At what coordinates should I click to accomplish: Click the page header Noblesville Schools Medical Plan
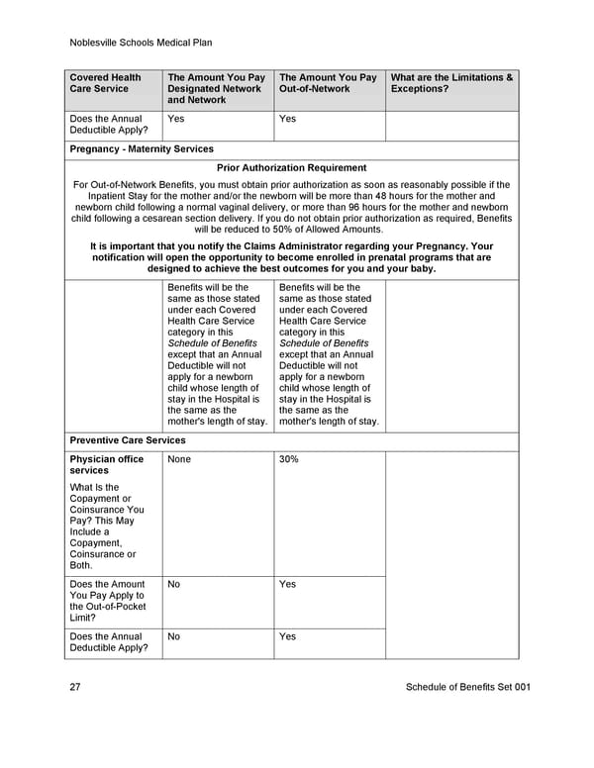[x=142, y=43]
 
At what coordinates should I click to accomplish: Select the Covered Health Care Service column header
[x=105, y=83]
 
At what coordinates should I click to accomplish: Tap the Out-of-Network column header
[x=328, y=83]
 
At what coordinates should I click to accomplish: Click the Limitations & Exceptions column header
[x=452, y=83]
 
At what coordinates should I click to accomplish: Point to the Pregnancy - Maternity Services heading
[x=142, y=149]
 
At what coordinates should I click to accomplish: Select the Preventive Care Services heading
[x=127, y=440]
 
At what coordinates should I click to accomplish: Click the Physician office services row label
[x=106, y=465]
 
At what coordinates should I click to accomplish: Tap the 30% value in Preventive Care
[x=289, y=460]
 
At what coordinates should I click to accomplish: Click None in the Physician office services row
[x=179, y=460]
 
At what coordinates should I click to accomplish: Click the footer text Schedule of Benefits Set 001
[x=468, y=688]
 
